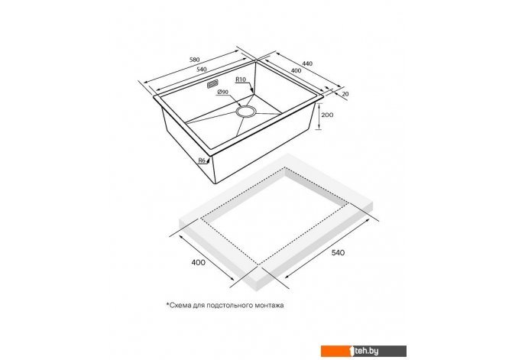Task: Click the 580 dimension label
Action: click(x=194, y=60)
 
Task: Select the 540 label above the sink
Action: click(x=202, y=70)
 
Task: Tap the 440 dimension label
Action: click(x=307, y=63)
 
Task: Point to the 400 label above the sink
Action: click(x=296, y=70)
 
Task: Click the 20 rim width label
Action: click(x=345, y=94)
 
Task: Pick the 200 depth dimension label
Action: click(x=327, y=115)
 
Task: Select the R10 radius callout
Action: click(x=241, y=79)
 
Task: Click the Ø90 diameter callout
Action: click(x=222, y=92)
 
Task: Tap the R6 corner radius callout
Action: click(x=202, y=160)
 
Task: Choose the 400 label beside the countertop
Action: click(x=199, y=262)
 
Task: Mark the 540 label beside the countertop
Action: click(x=338, y=252)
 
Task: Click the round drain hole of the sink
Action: click(x=245, y=111)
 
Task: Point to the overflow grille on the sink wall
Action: click(x=213, y=84)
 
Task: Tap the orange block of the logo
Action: click(x=337, y=351)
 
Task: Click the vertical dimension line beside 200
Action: click(x=319, y=116)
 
